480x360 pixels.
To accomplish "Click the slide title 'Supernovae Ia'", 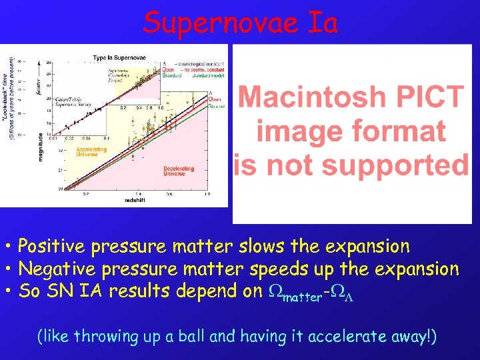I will click(x=240, y=22).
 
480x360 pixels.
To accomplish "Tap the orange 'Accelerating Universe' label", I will click(x=91, y=152).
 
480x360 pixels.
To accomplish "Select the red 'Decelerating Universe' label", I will click(x=179, y=171).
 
